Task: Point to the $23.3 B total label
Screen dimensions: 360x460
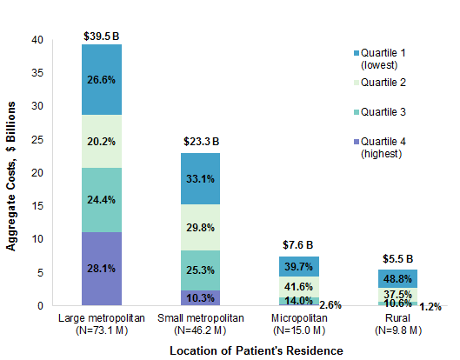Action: (x=201, y=141)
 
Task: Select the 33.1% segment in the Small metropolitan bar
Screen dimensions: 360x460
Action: (x=201, y=179)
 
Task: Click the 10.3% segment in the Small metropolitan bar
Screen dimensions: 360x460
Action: (x=201, y=297)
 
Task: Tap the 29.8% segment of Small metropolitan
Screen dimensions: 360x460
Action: (x=201, y=227)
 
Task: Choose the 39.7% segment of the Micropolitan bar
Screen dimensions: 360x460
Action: (x=299, y=265)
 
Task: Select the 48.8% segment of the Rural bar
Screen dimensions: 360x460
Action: (x=398, y=278)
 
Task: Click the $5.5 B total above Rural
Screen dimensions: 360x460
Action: (x=398, y=259)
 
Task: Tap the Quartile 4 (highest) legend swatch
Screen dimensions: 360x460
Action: (x=342, y=143)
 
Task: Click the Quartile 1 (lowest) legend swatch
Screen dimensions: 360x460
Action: (x=342, y=53)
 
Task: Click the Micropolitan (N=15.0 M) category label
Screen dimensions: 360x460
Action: (x=299, y=324)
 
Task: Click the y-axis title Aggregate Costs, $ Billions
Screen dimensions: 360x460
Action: (x=12, y=172)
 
